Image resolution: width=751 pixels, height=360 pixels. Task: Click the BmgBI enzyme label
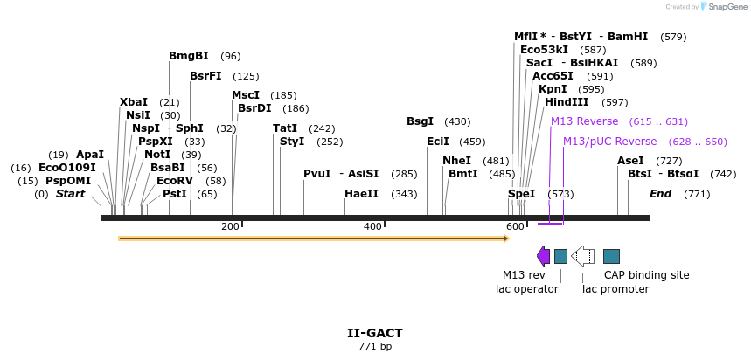[x=189, y=56]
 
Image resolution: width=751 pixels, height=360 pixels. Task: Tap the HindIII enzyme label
[x=567, y=102]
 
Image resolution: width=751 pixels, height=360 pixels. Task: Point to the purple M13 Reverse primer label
[x=584, y=121]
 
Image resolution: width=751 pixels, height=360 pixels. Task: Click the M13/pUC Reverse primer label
[x=609, y=142]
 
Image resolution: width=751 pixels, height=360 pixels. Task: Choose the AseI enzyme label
[x=630, y=161]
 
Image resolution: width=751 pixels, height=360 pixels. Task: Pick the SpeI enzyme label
[x=522, y=194]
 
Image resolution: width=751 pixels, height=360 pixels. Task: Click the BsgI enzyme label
[x=420, y=121]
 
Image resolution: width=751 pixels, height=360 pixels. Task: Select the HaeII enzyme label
[x=361, y=194]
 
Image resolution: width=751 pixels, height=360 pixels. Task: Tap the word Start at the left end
[x=70, y=194]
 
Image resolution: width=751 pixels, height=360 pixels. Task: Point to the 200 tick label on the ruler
[x=230, y=226]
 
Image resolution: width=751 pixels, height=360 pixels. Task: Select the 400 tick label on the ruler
[x=372, y=226]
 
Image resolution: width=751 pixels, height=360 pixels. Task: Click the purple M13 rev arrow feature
[x=544, y=255]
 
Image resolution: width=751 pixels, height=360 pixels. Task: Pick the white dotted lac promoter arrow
[x=583, y=255]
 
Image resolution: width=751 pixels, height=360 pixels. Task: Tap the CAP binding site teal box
[x=612, y=255]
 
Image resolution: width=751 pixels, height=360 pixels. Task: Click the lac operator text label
[x=527, y=289]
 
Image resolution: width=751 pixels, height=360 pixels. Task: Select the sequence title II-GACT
[x=375, y=333]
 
